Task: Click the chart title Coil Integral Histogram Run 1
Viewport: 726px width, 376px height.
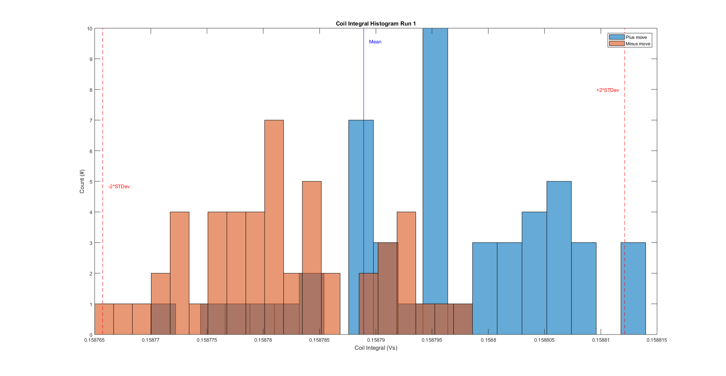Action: click(x=376, y=24)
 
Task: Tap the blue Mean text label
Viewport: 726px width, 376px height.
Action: click(x=375, y=42)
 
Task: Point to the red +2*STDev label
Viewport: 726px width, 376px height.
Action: click(x=607, y=90)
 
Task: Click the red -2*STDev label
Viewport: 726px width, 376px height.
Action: click(x=119, y=187)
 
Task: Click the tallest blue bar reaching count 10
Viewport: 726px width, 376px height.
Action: click(x=435, y=152)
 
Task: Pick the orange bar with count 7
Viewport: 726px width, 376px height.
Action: click(x=274, y=190)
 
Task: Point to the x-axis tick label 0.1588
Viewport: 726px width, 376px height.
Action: click(x=488, y=340)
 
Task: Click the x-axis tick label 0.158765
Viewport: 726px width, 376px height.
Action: click(x=94, y=340)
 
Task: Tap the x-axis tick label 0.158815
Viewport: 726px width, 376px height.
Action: click(x=657, y=340)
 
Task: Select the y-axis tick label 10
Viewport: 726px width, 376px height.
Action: click(x=90, y=29)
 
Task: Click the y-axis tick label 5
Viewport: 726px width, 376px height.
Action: click(x=91, y=182)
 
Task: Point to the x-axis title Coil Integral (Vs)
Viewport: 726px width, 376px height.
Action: click(x=376, y=348)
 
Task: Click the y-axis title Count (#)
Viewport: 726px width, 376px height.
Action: click(x=82, y=181)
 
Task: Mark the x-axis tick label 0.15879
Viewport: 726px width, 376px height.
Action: click(x=376, y=340)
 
